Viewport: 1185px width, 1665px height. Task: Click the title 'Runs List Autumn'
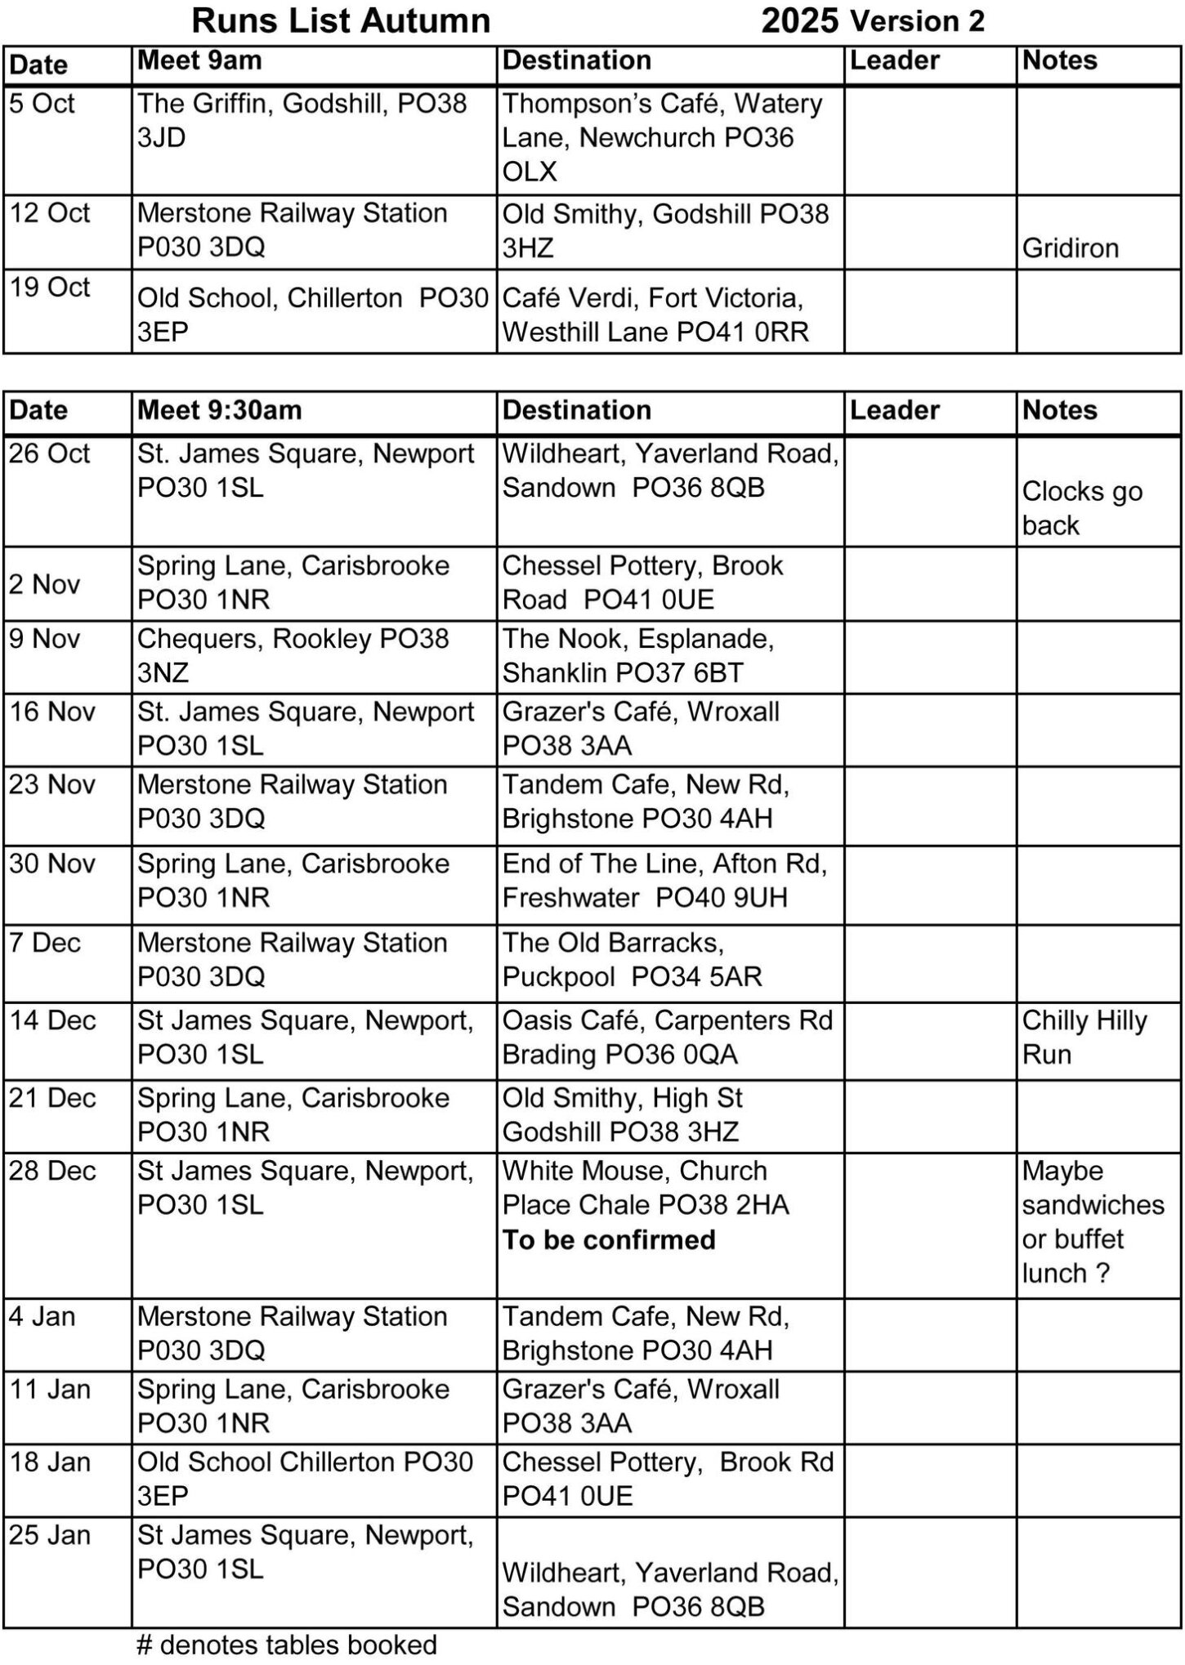coord(341,21)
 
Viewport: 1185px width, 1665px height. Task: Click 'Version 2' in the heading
coord(917,21)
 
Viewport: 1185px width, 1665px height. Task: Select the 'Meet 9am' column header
coord(199,60)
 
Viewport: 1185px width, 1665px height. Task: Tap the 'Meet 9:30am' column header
coord(219,410)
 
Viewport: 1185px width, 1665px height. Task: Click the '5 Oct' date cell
coord(42,104)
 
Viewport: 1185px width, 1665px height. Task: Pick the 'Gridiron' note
coord(1070,248)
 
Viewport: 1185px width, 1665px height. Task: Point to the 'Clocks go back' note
coord(1081,508)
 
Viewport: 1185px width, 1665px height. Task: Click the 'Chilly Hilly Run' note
coord(1084,1038)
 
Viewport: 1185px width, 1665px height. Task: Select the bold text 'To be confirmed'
coord(609,1240)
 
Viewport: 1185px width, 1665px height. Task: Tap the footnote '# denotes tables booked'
coord(287,1645)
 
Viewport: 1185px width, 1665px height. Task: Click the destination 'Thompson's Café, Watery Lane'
coord(662,121)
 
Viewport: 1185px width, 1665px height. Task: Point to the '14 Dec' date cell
coord(52,1020)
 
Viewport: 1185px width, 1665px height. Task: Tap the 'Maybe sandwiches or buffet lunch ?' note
coord(1092,1222)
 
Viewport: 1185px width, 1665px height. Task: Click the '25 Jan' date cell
coord(50,1535)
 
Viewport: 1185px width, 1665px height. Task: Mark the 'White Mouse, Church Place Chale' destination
coord(645,1188)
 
